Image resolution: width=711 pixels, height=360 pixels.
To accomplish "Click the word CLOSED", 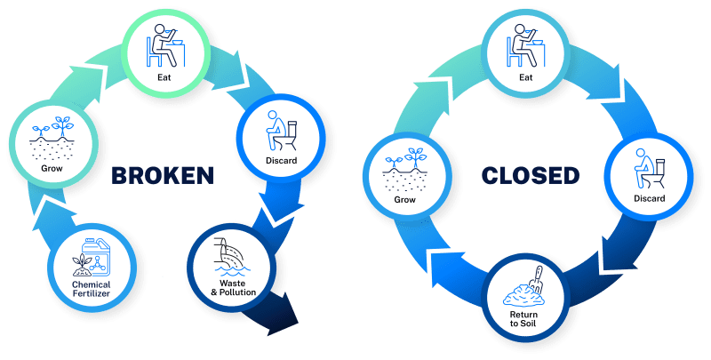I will tap(530, 175).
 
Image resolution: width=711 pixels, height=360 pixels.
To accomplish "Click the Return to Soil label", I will tap(523, 316).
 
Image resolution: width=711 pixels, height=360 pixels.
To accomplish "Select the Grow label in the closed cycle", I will tap(404, 200).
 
